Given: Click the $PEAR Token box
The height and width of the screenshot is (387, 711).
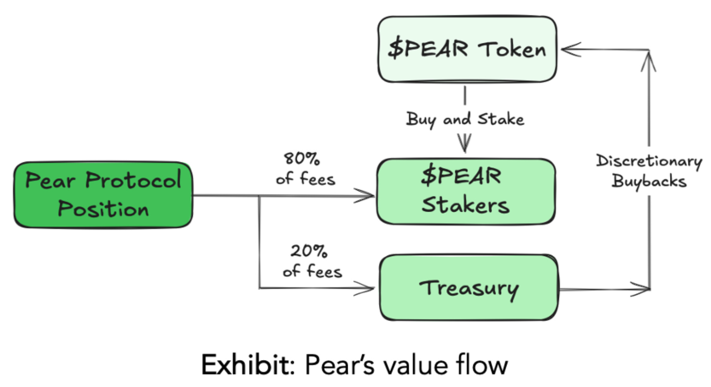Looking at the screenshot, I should coord(467,49).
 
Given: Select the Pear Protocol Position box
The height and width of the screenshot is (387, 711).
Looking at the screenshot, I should coord(103,195).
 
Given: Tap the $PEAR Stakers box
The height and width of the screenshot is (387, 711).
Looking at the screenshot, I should coord(466,191).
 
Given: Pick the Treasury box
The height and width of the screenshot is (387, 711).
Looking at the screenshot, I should coord(468,288).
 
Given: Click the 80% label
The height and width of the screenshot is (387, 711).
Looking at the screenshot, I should coord(302,158).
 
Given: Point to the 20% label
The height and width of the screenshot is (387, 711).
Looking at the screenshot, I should coord(309,251).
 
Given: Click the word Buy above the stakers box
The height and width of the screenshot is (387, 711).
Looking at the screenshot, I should coord(421,120).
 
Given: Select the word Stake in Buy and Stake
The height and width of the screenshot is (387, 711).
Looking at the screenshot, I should coord(501,119).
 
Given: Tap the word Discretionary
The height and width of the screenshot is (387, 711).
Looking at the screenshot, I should coord(649,161).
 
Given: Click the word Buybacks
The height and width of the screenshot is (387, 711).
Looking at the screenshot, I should coord(649,181).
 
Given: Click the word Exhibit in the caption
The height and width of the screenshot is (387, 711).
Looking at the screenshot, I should coord(247,365).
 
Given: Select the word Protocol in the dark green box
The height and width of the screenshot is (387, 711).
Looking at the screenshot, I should coord(133,180).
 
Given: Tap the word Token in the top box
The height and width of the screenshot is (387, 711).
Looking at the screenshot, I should coord(512,50).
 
